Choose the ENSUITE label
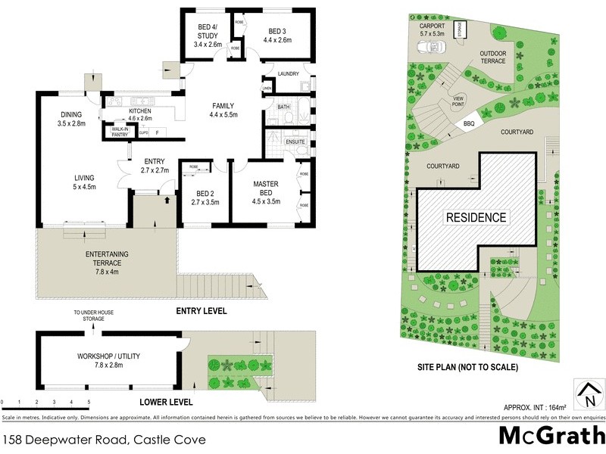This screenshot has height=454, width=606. [x=295, y=141]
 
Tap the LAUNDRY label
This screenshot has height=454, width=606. [x=288, y=73]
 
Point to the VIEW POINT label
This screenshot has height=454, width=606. [x=458, y=101]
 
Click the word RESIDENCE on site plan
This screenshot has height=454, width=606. [x=475, y=217]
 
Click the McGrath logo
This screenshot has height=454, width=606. [x=551, y=437]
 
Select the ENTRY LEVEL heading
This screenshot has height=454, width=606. [x=201, y=311]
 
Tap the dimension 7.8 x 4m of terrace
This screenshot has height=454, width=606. [x=107, y=270]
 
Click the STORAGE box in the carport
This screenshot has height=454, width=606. [x=459, y=30]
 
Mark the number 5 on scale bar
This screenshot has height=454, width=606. [x=89, y=403]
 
